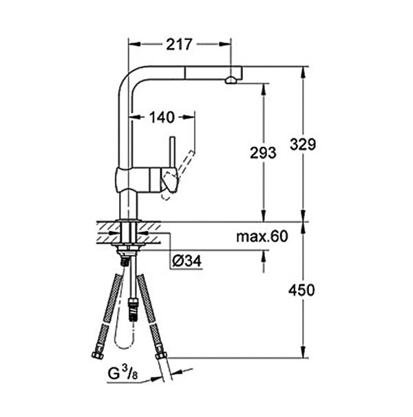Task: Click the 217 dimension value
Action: click(x=179, y=45)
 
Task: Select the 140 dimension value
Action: click(x=162, y=117)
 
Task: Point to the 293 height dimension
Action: click(x=263, y=153)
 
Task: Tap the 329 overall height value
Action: click(x=303, y=145)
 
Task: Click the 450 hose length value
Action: click(x=301, y=290)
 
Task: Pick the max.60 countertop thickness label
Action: click(x=262, y=237)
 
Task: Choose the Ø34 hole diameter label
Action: click(x=187, y=261)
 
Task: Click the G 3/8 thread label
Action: click(x=123, y=372)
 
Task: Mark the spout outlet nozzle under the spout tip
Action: click(x=231, y=80)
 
